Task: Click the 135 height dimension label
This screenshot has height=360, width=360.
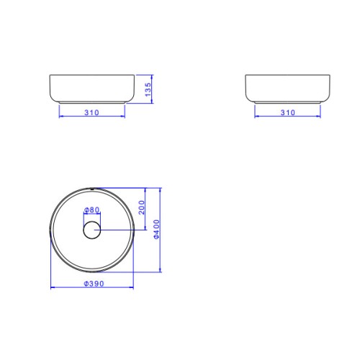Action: tap(148, 89)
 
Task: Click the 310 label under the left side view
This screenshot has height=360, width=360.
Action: tap(91, 112)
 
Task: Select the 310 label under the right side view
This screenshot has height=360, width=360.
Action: tap(288, 112)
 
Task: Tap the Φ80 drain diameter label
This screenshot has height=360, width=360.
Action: tap(91, 210)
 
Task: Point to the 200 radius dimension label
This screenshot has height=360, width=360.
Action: tap(142, 207)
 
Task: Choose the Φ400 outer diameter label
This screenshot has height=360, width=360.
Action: tap(156, 229)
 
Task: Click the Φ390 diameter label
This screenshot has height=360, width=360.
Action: tap(94, 284)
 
